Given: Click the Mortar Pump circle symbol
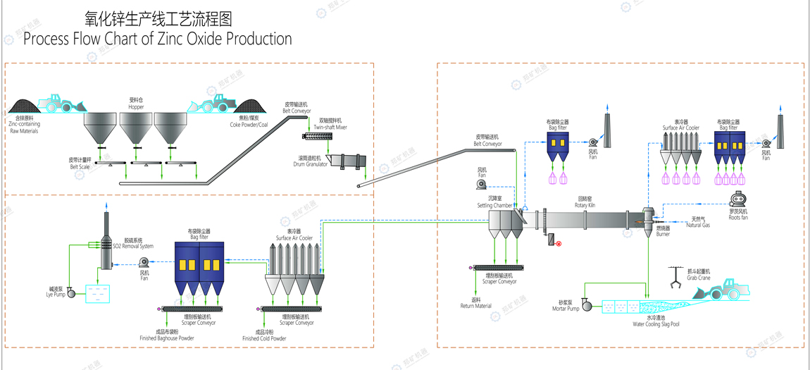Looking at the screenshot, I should pyautogui.click(x=588, y=307).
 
